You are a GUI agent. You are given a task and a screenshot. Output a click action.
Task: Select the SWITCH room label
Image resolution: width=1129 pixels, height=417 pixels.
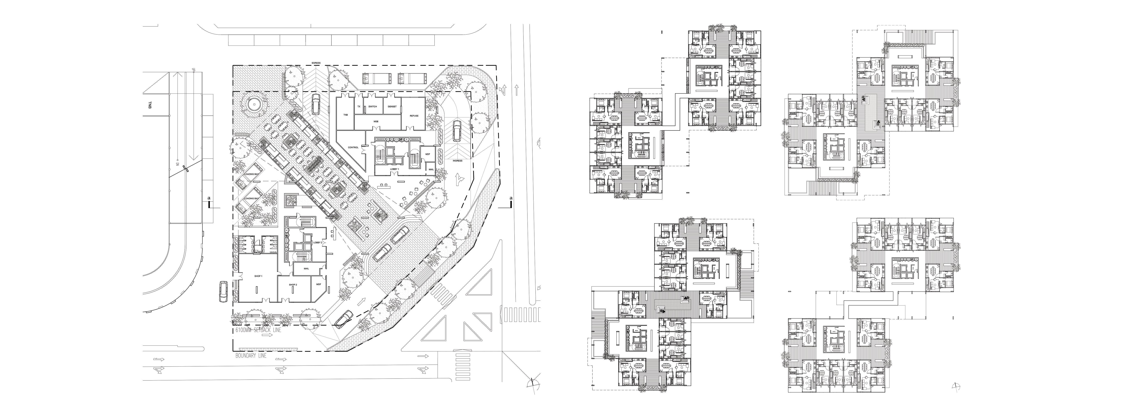(372, 107)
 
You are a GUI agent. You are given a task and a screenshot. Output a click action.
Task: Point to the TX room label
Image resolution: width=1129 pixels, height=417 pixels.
(358, 107)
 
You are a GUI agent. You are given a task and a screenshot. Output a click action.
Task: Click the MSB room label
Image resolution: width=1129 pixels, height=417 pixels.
(376, 120)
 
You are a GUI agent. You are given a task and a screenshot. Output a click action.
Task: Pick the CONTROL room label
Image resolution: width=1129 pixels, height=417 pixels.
(353, 147)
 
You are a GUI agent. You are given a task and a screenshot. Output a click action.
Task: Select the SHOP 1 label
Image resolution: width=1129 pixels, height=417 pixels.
(258, 276)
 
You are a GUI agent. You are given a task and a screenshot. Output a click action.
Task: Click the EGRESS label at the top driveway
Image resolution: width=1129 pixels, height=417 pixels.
(316, 63)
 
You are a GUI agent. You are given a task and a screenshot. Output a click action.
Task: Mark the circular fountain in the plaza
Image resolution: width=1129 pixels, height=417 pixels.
(253, 104)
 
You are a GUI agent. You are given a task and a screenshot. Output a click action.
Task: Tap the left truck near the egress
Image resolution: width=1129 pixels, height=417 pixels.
(373, 78)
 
